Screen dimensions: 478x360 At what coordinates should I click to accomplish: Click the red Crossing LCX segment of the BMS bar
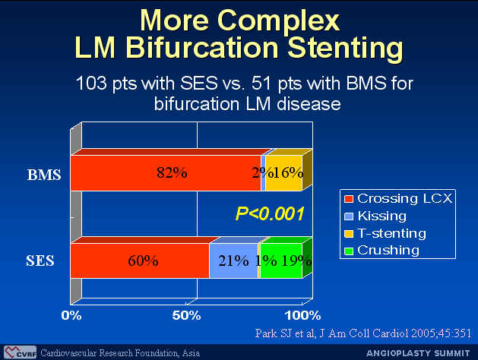tap(166, 173)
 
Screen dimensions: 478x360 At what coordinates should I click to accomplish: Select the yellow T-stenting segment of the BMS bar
tap(283, 173)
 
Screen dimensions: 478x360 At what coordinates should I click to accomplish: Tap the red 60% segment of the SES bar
tap(140, 261)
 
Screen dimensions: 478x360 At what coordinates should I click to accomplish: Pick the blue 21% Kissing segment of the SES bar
tap(233, 261)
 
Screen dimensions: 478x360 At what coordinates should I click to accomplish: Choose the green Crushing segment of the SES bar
tap(281, 261)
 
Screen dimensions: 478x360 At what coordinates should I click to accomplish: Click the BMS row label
tap(44, 175)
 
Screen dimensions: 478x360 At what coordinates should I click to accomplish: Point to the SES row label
tap(40, 261)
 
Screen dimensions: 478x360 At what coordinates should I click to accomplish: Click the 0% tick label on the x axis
tap(71, 315)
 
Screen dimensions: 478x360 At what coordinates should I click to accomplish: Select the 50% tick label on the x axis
tap(186, 315)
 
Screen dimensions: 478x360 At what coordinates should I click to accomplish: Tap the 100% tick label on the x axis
tap(302, 315)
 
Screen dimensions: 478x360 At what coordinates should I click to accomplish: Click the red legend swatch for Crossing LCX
tap(349, 199)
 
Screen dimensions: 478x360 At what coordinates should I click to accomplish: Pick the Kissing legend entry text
tap(382, 216)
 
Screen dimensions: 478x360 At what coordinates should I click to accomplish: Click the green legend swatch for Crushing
tap(349, 251)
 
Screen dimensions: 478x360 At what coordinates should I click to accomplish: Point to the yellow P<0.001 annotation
tap(270, 214)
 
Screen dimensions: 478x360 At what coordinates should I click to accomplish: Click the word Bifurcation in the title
tap(202, 48)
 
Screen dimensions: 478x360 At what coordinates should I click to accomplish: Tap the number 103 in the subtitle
tap(91, 83)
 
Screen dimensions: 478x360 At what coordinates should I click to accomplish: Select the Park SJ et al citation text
tap(363, 333)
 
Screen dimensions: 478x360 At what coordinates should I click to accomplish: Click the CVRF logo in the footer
tap(20, 352)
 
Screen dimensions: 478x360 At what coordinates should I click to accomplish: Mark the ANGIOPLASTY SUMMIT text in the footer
tap(418, 353)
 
